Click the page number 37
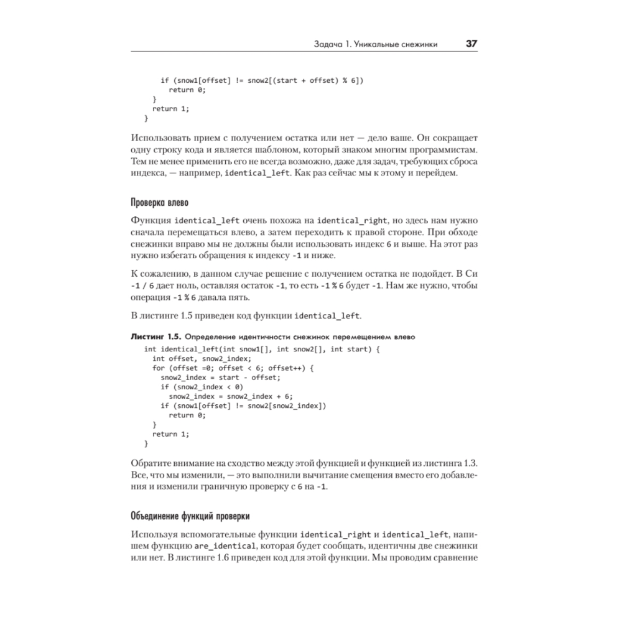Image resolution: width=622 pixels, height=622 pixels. [x=471, y=44]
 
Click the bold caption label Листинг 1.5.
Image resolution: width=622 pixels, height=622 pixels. [x=157, y=337]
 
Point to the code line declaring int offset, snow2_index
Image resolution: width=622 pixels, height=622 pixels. [x=202, y=358]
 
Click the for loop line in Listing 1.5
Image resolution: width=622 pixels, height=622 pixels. [x=233, y=368]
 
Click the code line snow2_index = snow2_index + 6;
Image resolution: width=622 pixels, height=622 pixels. [x=230, y=396]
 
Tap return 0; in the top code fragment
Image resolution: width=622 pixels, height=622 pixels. [x=187, y=90]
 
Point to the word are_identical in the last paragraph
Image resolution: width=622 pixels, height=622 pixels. [x=226, y=545]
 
